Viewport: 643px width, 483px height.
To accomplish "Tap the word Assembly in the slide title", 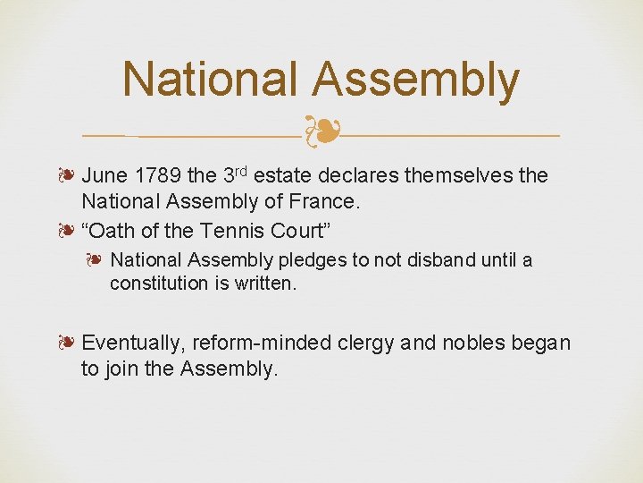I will pos(415,80).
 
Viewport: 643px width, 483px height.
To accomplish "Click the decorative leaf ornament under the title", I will pos(322,132).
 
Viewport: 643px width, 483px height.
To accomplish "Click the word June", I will pos(104,176).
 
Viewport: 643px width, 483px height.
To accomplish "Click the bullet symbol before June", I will pos(69,176).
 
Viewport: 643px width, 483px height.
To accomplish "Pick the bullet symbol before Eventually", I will pos(69,343).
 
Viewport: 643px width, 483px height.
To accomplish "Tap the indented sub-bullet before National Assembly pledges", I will pos(96,260).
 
